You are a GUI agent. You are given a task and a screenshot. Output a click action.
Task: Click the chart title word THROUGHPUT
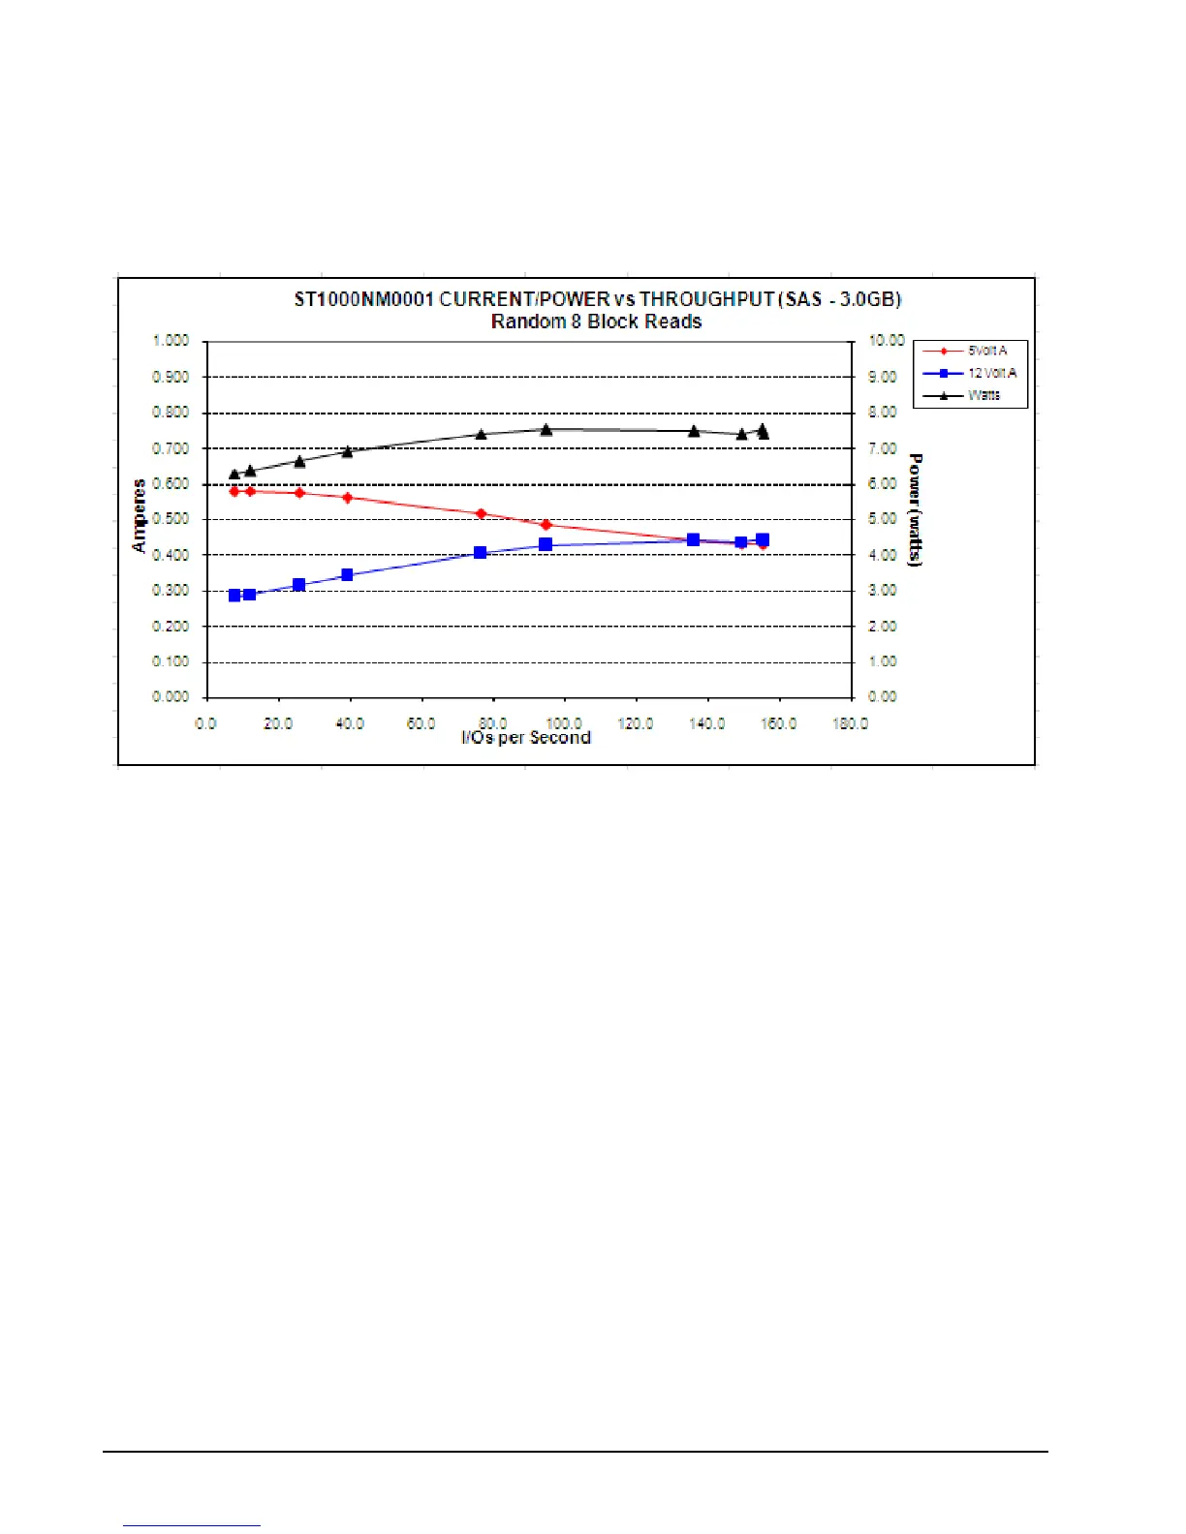706,299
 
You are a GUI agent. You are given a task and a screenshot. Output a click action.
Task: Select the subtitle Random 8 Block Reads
596,322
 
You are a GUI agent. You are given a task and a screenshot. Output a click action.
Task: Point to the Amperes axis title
140,515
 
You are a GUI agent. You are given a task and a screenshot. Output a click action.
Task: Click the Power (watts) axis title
916,509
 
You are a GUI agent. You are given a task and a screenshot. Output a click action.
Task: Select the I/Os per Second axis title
526,738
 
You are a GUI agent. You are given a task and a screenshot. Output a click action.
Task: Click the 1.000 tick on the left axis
171,341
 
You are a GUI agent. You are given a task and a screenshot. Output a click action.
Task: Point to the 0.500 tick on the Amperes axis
171,519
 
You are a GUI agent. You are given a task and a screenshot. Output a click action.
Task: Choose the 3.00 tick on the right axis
883,590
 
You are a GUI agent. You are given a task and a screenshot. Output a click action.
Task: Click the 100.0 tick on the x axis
564,723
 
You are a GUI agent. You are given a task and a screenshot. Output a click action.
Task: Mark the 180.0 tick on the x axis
850,723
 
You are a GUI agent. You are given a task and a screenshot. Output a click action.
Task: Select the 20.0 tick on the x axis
278,723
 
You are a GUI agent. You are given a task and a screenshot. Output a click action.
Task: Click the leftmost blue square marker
234,596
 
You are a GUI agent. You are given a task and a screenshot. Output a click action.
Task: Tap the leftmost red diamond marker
234,491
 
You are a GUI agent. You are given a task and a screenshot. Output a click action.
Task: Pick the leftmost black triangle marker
234,474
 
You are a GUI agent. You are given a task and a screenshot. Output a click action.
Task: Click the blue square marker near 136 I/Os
693,539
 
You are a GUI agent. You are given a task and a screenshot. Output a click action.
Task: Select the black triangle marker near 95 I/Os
546,429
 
